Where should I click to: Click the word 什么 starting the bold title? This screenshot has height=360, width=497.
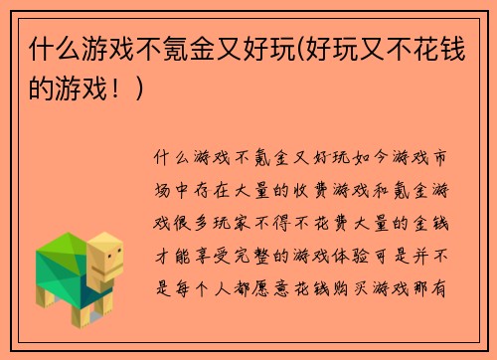[53, 48]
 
